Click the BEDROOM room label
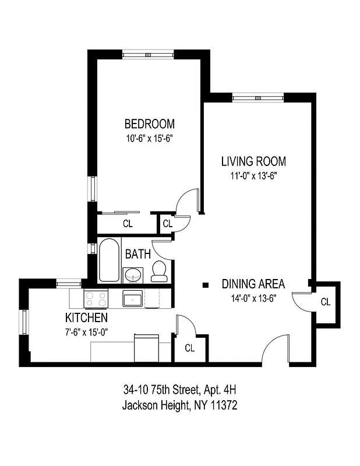pyautogui.click(x=150, y=124)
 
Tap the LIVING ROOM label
pyautogui.click(x=253, y=161)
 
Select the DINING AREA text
pyautogui.click(x=253, y=284)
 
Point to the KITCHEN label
pyautogui.click(x=86, y=317)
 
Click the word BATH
pyautogui.click(x=138, y=254)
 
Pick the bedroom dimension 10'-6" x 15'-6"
pyautogui.click(x=150, y=139)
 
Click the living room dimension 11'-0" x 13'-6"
pyautogui.click(x=253, y=176)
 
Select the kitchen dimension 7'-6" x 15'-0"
pyautogui.click(x=86, y=332)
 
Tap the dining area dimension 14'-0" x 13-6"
pyautogui.click(x=253, y=298)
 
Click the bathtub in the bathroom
pyautogui.click(x=108, y=259)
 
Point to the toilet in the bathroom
pyautogui.click(x=160, y=271)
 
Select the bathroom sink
pyautogui.click(x=133, y=274)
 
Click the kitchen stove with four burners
pyautogui.click(x=96, y=299)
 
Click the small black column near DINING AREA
pyautogui.click(x=205, y=285)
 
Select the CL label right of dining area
pyautogui.click(x=326, y=302)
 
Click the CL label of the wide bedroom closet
pyautogui.click(x=127, y=223)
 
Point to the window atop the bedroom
pyautogui.click(x=148, y=54)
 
